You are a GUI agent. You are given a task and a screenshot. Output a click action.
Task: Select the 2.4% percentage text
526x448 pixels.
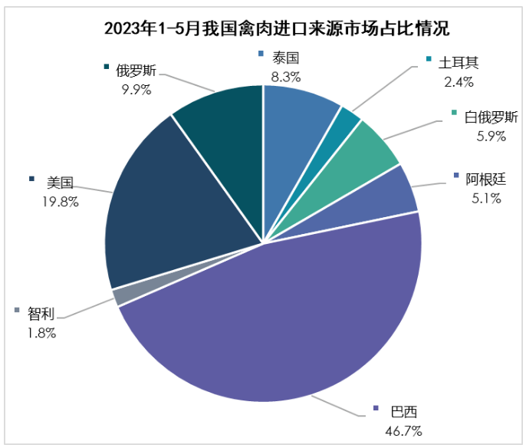(x=459, y=81)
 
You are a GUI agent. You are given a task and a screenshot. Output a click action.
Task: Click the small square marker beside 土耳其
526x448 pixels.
(x=429, y=60)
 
